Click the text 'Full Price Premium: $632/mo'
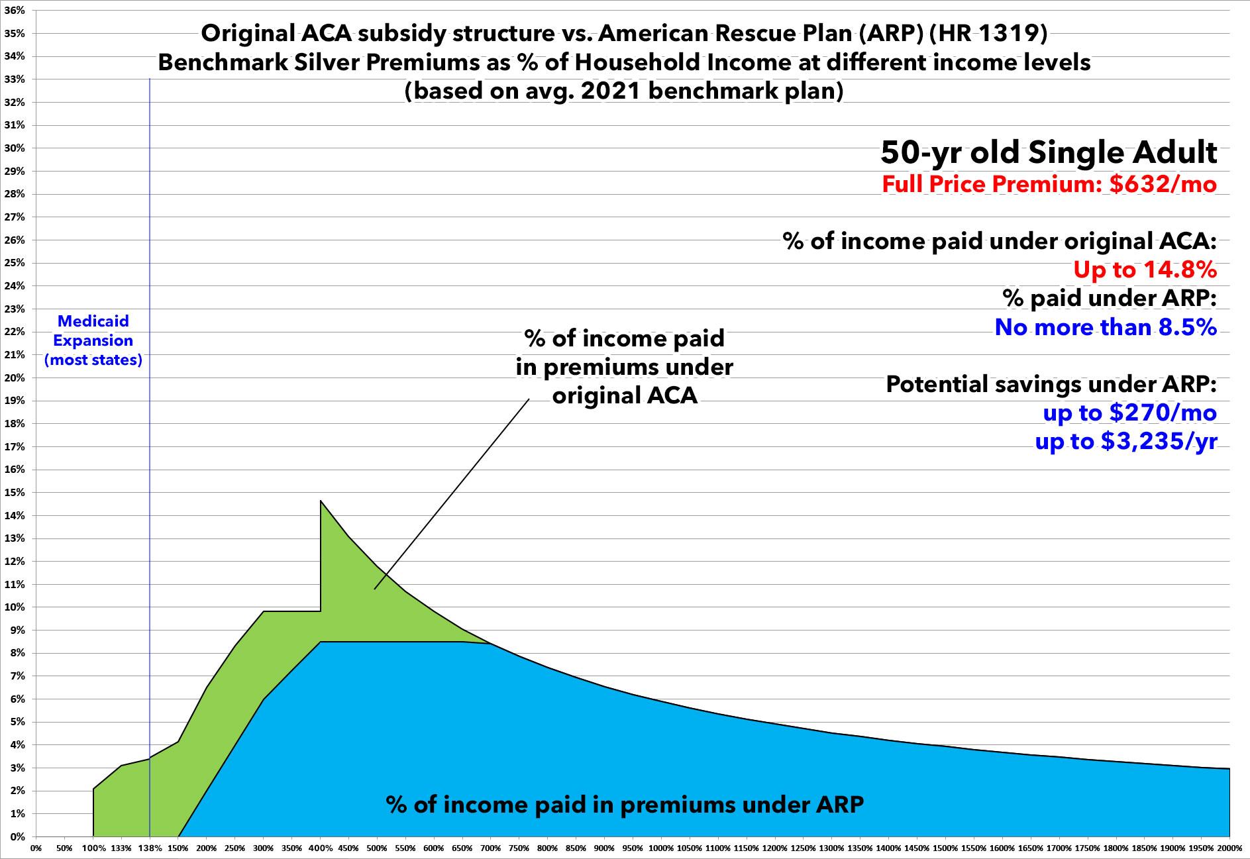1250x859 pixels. coord(1049,183)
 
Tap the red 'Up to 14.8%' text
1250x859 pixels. coord(1145,270)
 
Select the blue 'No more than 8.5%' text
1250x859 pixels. coord(1106,327)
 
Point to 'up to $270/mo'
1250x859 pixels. coord(1129,413)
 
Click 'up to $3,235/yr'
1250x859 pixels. coord(1125,441)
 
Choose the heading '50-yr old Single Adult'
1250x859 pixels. coord(1049,153)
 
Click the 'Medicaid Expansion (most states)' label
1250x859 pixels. coord(93,340)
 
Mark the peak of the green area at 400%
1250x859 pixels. coord(321,501)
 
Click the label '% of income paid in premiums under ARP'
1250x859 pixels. coord(625,805)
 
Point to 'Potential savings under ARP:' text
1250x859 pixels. coord(1051,384)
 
